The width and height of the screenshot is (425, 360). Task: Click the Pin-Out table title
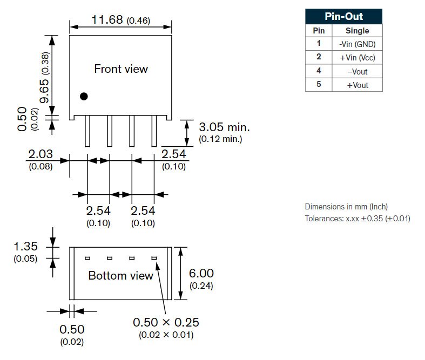pos(343,17)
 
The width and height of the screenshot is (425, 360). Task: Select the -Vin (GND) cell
pos(357,44)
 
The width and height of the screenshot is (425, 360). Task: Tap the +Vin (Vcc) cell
pos(357,57)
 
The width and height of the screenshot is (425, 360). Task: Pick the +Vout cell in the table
pos(357,85)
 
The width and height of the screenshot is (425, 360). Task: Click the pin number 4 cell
pos(319,71)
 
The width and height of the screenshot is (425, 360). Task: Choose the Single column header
pos(357,31)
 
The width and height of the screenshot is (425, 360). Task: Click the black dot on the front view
pos(84,96)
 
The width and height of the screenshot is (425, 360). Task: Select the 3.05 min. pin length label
pos(224,127)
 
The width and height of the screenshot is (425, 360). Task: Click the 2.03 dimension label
pos(41,154)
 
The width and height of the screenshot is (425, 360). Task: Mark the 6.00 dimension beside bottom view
pos(201,273)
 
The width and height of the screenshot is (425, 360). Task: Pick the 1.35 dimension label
pos(25,246)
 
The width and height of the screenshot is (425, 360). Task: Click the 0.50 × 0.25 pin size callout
pos(166,322)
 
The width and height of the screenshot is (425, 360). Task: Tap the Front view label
pos(121,69)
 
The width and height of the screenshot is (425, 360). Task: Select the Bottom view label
pos(121,275)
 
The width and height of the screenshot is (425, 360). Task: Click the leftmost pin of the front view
pos(87,131)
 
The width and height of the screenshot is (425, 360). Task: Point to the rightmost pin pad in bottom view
pos(154,258)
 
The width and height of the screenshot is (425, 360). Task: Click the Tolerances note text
pos(357,219)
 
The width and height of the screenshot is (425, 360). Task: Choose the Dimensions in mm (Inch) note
pos(346,207)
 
